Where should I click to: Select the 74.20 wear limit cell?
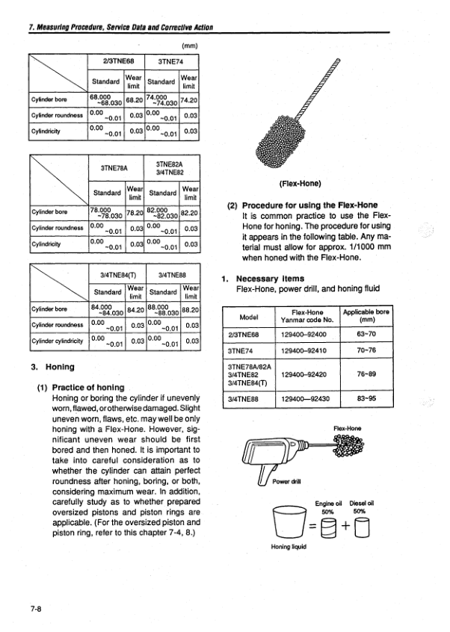click(x=190, y=99)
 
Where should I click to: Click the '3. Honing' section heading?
click(x=50, y=367)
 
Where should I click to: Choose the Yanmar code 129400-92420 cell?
click(x=307, y=374)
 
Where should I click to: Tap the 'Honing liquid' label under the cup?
click(x=290, y=546)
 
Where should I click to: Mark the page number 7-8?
click(x=35, y=609)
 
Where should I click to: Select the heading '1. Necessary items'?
click(x=264, y=279)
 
